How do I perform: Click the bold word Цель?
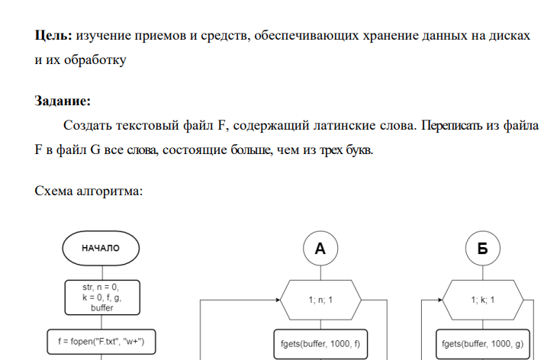pos(54,35)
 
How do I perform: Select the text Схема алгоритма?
pos(88,191)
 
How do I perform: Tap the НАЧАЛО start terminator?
pos(101,248)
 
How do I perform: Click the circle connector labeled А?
pos(320,248)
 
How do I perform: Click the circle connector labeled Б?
pos(482,248)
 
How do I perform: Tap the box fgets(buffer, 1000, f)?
pos(320,344)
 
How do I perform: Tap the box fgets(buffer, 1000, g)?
pos(482,344)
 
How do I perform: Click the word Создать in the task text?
pos(87,124)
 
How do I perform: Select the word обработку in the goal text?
pos(92,59)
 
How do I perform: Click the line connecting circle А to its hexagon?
pos(320,272)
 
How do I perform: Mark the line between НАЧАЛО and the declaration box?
pos(101,271)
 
